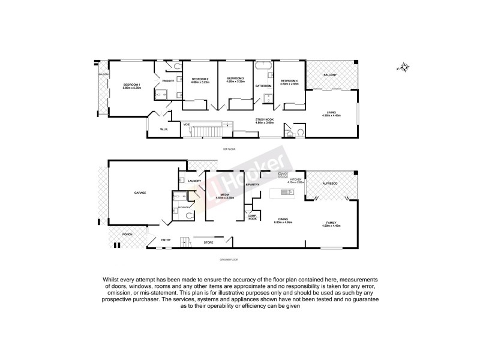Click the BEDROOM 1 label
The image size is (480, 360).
point(131,84)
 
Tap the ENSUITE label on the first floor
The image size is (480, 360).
point(168,80)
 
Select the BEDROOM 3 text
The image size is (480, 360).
point(235,79)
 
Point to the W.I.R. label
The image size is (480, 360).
point(163,130)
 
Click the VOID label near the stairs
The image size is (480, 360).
point(187,124)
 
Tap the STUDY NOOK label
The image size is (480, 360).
point(265,120)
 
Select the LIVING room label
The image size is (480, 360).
point(331,112)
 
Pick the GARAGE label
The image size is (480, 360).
point(140,193)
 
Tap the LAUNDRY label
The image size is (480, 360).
point(194,181)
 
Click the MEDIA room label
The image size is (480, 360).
point(224,195)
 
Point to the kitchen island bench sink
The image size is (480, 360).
point(285,193)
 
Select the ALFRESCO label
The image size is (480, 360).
point(331,182)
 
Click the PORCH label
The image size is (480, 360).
point(127,234)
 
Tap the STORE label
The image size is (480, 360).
point(208,242)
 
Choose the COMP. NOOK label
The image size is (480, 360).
point(253,218)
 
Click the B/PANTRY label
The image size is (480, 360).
point(252,185)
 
